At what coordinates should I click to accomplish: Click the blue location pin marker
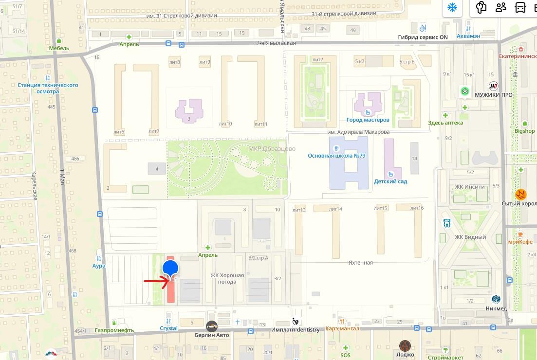170,268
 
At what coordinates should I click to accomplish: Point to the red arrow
156,280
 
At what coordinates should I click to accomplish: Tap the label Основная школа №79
336,156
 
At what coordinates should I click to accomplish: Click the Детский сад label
390,181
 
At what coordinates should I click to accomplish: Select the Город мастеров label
368,120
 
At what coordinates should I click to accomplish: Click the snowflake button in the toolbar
452,8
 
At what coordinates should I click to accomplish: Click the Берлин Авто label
212,335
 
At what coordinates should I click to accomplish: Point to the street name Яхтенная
360,263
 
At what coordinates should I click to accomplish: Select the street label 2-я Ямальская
276,43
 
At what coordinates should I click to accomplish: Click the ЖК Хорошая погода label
227,278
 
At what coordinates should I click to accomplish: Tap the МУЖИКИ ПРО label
494,95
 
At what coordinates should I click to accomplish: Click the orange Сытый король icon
520,195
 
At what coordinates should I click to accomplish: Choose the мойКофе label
521,242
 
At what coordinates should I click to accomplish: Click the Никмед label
496,308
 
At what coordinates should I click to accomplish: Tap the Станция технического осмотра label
48,88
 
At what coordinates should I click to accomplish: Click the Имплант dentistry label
296,330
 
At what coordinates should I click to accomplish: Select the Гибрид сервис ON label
423,37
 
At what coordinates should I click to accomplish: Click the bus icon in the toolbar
520,8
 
